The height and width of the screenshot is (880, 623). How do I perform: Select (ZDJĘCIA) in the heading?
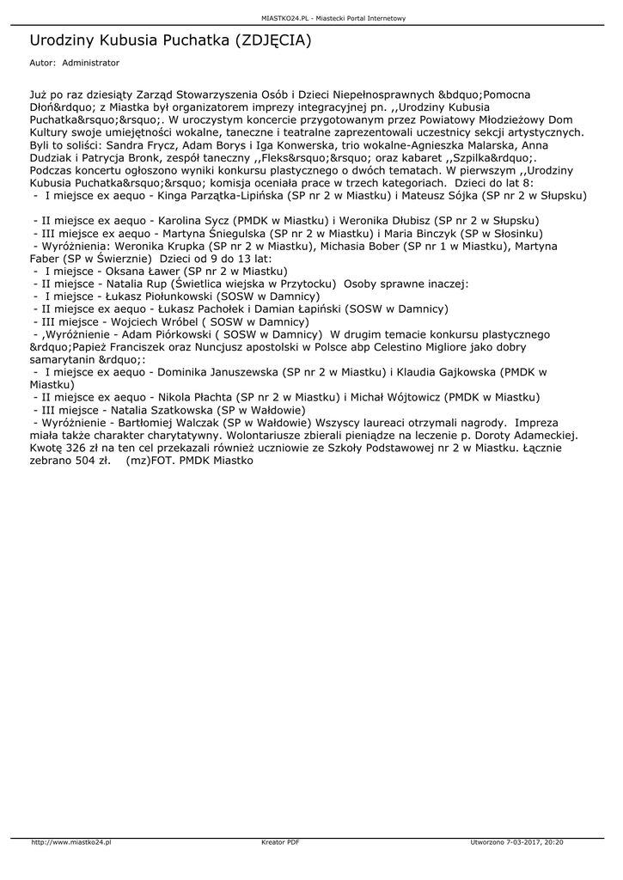point(272,40)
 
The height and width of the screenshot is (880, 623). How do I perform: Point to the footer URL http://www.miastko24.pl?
point(71,842)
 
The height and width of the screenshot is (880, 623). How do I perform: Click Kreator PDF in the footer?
point(280,842)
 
